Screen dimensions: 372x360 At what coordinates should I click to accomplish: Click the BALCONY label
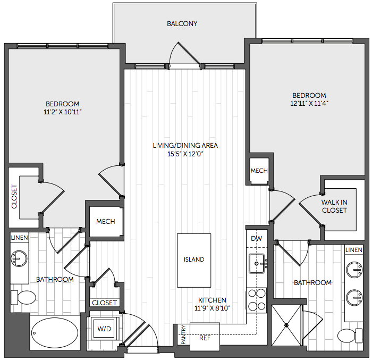(182, 24)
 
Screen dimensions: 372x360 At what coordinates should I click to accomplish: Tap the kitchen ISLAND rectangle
(194, 260)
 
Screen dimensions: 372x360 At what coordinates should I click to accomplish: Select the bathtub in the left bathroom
(55, 333)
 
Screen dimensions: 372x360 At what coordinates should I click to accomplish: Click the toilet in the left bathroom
(23, 297)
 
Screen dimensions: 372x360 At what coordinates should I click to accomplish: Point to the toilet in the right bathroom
(350, 336)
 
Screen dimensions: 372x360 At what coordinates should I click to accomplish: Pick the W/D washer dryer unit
(104, 329)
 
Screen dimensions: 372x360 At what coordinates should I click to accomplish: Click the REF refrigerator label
(205, 338)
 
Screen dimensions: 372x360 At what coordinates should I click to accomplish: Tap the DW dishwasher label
(257, 238)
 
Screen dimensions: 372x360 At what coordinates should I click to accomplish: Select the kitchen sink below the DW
(257, 263)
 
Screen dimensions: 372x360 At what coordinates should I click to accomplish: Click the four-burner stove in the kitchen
(257, 300)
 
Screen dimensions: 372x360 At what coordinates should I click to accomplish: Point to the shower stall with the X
(286, 325)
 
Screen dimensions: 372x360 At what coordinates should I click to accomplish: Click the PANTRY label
(183, 334)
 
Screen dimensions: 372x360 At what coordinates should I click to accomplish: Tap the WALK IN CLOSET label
(334, 206)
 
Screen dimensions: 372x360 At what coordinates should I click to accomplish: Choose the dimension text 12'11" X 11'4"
(309, 104)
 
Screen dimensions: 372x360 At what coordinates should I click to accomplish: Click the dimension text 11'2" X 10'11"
(62, 112)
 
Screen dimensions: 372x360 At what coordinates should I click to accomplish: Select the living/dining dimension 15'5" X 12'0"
(185, 154)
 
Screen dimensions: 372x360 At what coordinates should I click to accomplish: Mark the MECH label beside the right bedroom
(259, 171)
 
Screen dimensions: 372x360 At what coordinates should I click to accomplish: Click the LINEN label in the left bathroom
(20, 238)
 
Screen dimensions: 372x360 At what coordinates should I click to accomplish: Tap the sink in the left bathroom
(19, 258)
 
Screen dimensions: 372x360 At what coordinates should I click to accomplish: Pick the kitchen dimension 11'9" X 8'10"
(212, 308)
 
